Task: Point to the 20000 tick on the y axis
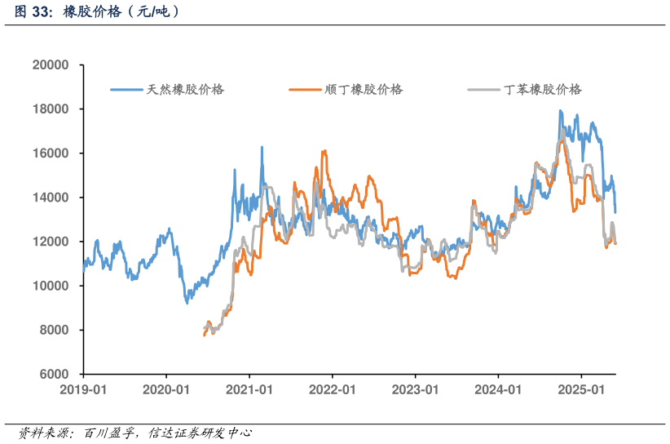point(51,65)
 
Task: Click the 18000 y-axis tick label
point(51,109)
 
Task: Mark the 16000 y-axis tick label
point(51,153)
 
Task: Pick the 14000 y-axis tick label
point(51,198)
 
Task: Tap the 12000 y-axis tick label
point(51,242)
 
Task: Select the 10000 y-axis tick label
point(51,286)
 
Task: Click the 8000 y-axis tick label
point(54,330)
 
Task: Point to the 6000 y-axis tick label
point(54,374)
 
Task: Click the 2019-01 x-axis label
point(83,390)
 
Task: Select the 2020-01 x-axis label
point(166,390)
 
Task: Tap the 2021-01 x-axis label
point(250,390)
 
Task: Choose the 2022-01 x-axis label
point(333,390)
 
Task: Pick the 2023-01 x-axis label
point(417,390)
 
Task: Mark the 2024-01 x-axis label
point(500,390)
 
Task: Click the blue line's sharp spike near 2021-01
point(262,148)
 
